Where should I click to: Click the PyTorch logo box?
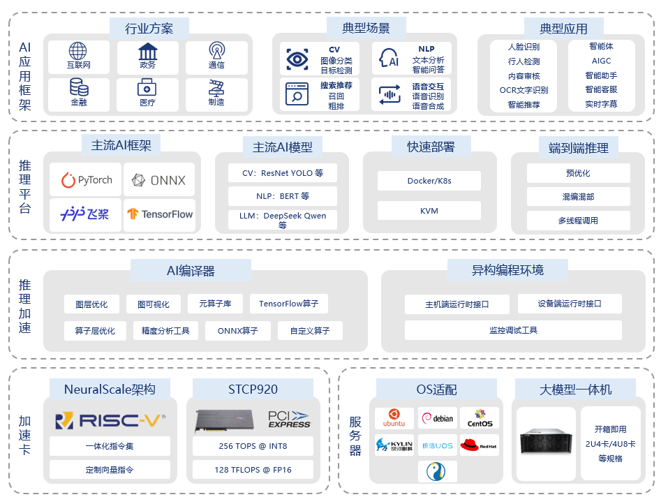[86, 180]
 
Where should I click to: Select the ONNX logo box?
[159, 180]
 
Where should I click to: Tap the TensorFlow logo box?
[159, 214]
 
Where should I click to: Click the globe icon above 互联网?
[77, 51]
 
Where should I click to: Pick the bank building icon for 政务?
[147, 51]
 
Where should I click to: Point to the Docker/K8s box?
[429, 181]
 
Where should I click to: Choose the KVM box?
[429, 211]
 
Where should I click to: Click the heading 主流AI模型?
[283, 147]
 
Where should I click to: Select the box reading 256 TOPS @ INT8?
[253, 445]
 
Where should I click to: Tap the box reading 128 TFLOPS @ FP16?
[253, 470]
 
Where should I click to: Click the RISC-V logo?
[110, 420]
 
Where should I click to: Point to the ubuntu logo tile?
[394, 418]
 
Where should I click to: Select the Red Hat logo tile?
[479, 445]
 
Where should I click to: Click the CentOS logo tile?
[480, 418]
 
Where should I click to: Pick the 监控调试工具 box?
[513, 330]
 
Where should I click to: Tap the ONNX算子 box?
[238, 330]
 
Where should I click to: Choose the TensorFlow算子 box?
[288, 304]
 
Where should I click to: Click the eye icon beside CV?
[297, 60]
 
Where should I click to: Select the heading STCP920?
[253, 389]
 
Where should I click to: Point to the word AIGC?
[601, 61]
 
